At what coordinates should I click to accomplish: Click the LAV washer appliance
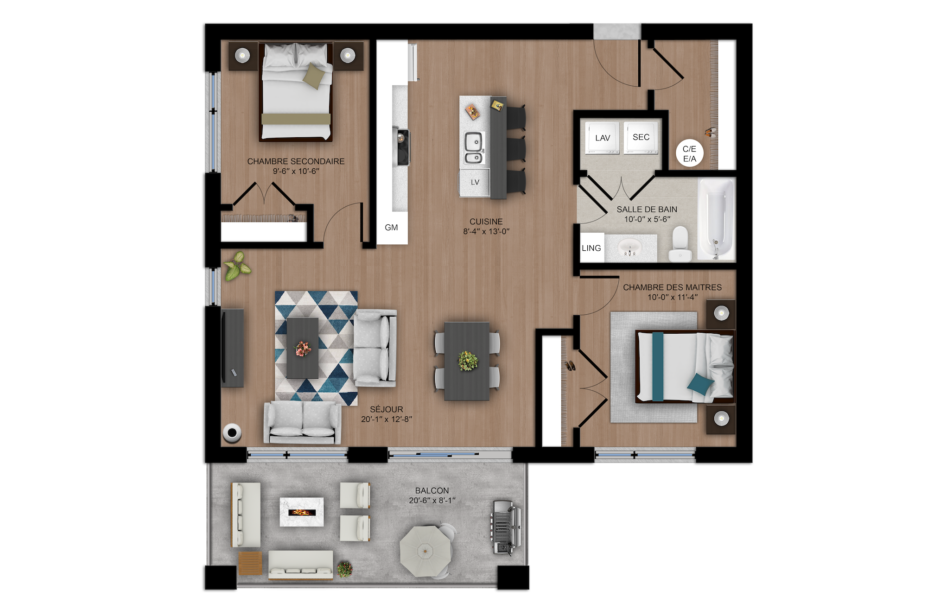click(603, 138)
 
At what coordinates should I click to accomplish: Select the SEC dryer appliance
click(641, 137)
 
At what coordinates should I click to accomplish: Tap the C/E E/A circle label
click(689, 153)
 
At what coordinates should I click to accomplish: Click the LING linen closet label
click(592, 248)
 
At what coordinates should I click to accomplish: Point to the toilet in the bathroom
click(680, 244)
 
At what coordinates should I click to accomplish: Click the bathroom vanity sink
click(630, 248)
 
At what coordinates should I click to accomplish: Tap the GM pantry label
click(391, 228)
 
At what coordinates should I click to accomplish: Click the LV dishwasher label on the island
click(475, 182)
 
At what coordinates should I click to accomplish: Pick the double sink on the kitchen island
click(474, 148)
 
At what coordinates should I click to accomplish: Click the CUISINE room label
click(486, 222)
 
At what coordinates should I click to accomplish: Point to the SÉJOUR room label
click(387, 409)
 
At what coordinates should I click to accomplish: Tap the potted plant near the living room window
click(237, 267)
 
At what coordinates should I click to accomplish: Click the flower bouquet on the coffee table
click(303, 348)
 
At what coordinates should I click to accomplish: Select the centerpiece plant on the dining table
click(468, 361)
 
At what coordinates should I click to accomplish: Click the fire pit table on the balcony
click(302, 512)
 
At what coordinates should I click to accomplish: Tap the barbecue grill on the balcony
click(504, 527)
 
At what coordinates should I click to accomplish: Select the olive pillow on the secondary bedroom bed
click(314, 76)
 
